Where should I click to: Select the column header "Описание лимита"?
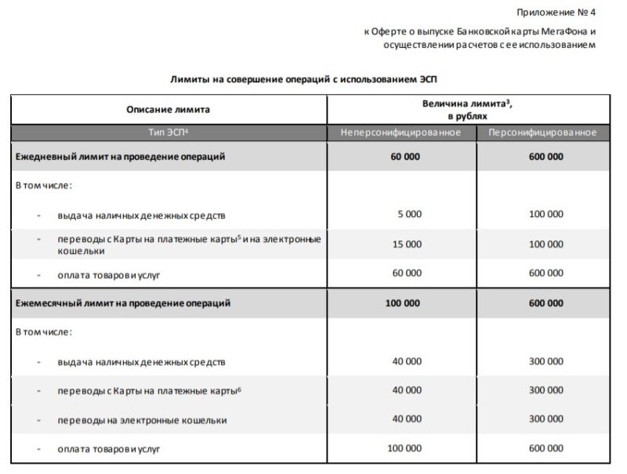(168, 110)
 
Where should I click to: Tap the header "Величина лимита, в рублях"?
(468, 109)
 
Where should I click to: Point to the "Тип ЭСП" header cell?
(169, 132)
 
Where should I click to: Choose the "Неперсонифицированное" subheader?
(400, 132)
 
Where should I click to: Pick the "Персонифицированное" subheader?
(542, 132)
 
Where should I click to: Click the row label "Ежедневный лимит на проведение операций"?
(121, 157)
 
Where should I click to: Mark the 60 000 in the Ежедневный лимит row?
(405, 157)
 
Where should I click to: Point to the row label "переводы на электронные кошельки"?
(142, 420)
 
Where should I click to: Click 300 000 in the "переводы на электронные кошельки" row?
(545, 419)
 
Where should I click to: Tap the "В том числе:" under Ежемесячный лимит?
(44, 331)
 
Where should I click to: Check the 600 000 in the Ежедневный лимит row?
(545, 157)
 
